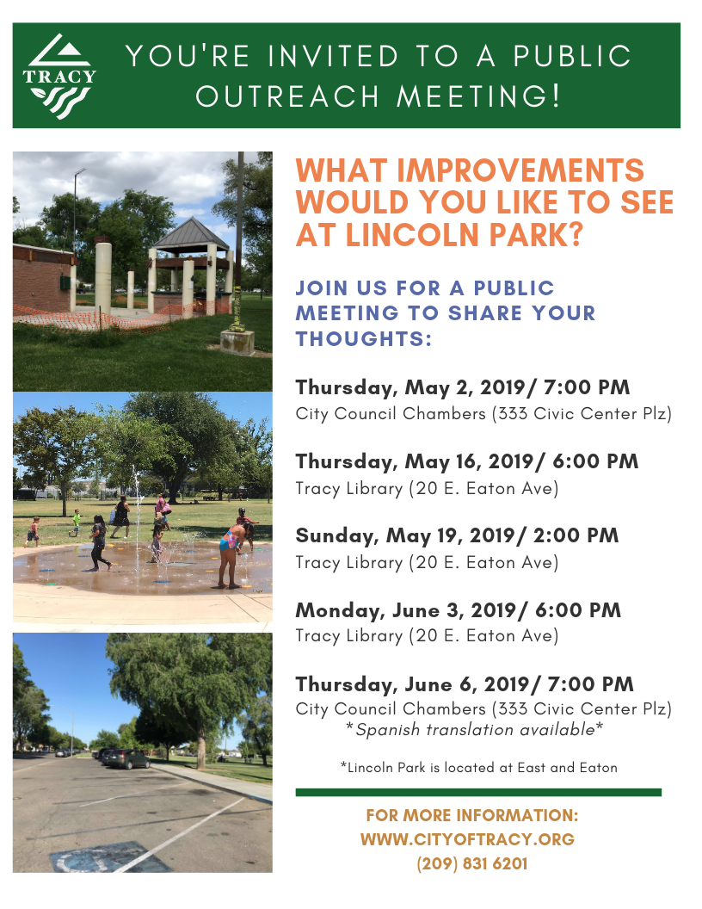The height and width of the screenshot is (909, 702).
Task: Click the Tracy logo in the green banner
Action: (x=59, y=76)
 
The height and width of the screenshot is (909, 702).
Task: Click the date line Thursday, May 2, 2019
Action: (x=463, y=387)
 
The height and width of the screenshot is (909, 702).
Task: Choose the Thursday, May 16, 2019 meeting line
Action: (x=467, y=461)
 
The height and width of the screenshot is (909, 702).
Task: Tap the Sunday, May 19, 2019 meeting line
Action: (x=457, y=535)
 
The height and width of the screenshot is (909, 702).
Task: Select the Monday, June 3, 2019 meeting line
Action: (x=458, y=610)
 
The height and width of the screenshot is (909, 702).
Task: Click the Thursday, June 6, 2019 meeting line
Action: (x=465, y=684)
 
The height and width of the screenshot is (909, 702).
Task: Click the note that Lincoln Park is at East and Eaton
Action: (x=478, y=767)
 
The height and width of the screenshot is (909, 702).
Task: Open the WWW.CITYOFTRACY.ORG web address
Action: (x=467, y=839)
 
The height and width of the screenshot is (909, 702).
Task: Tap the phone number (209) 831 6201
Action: (x=471, y=863)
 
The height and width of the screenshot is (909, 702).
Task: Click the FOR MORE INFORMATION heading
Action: (x=471, y=815)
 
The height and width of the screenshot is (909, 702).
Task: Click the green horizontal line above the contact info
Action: (x=478, y=792)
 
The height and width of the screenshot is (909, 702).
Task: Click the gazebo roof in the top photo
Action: (x=191, y=233)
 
